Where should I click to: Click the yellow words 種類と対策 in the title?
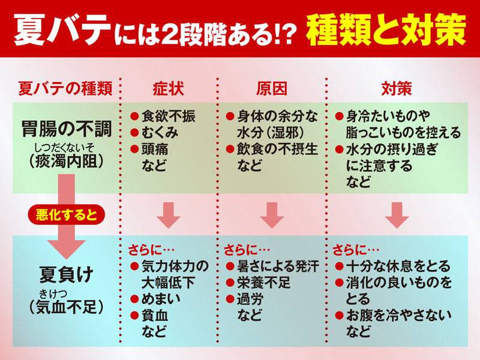click(x=386, y=29)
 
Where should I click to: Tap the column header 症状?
click(x=168, y=89)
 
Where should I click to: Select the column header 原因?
click(x=272, y=89)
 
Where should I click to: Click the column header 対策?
click(x=397, y=89)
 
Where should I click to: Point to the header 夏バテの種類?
click(x=65, y=89)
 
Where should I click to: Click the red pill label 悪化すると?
click(x=67, y=214)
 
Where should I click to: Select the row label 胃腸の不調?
click(x=67, y=129)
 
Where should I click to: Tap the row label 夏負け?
click(x=67, y=274)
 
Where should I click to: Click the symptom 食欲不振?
click(x=168, y=116)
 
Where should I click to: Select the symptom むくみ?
click(x=160, y=133)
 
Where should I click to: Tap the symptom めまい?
click(x=161, y=299)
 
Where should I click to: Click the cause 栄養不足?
click(x=263, y=282)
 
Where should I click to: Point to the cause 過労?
click(x=250, y=299)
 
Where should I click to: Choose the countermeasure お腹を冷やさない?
click(x=399, y=316)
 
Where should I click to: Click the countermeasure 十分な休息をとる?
click(x=398, y=266)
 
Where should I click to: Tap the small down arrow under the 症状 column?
click(x=169, y=215)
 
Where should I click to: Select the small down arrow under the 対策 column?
click(x=397, y=215)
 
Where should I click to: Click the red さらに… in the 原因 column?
click(x=247, y=250)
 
